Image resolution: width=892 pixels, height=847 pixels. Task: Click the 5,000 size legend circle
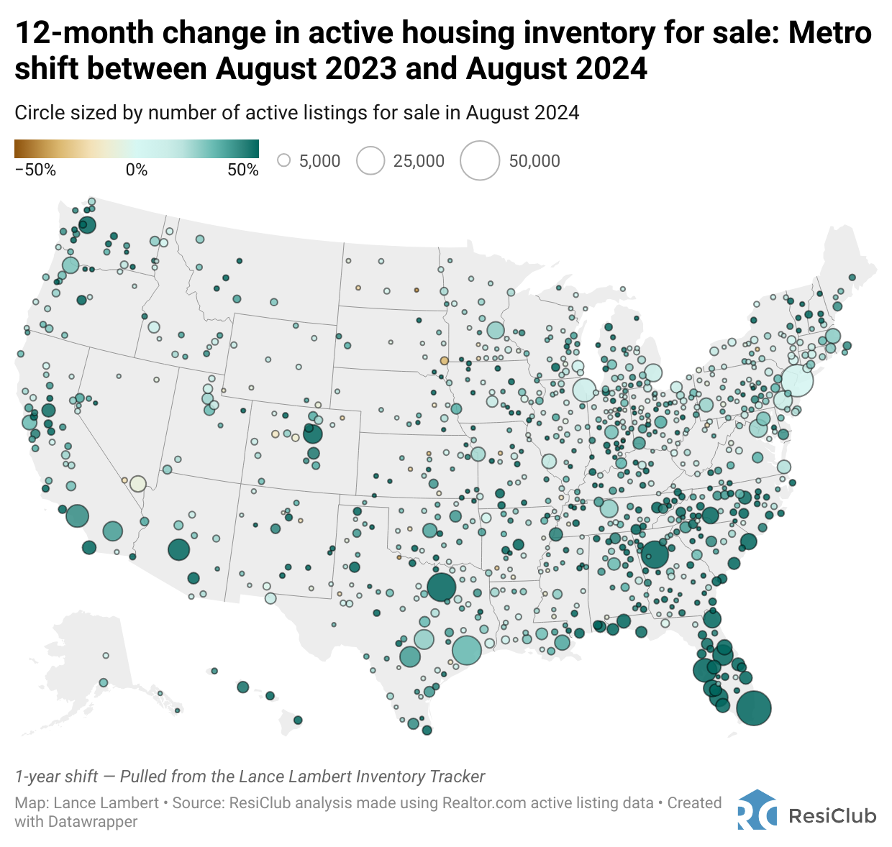284,160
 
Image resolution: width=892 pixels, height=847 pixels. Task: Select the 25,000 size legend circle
371,160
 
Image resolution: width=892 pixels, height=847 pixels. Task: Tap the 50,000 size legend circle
480,160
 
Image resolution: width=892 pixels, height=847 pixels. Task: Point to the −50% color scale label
35,170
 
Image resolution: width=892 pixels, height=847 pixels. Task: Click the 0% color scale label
137,170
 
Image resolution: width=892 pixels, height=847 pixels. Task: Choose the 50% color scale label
243,170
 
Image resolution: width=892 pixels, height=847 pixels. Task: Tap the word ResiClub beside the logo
832,816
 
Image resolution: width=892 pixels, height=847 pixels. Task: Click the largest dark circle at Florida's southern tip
754,708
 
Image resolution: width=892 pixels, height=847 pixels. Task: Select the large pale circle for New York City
797,380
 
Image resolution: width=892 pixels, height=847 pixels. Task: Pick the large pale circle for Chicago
584,390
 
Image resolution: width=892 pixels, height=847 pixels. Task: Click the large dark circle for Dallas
442,587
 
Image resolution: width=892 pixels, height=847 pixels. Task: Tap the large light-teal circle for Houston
467,650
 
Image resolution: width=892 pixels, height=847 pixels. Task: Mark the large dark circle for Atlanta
655,554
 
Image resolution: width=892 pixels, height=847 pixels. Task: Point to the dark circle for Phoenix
178,550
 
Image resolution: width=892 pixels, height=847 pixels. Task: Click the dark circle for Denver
313,434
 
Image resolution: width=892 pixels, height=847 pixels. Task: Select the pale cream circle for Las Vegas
138,483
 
